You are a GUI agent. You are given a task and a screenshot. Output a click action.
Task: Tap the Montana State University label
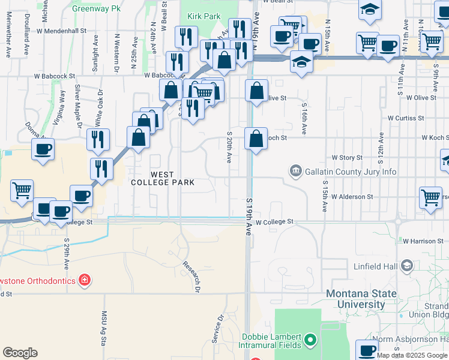point(361,299)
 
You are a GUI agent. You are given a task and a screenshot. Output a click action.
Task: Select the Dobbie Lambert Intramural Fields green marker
point(310,341)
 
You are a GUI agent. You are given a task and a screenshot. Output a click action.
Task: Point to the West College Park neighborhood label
point(163,178)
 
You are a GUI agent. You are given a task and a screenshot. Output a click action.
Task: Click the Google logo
point(20,353)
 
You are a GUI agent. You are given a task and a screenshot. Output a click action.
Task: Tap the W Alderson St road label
point(352,197)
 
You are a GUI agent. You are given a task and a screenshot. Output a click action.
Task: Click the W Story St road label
point(347,158)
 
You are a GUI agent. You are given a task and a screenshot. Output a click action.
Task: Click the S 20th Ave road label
point(229,148)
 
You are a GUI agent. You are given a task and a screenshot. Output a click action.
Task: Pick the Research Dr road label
point(191,277)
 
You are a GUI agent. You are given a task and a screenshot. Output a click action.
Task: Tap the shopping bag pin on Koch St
point(256,139)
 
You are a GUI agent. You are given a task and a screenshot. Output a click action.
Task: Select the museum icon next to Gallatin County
point(295,172)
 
